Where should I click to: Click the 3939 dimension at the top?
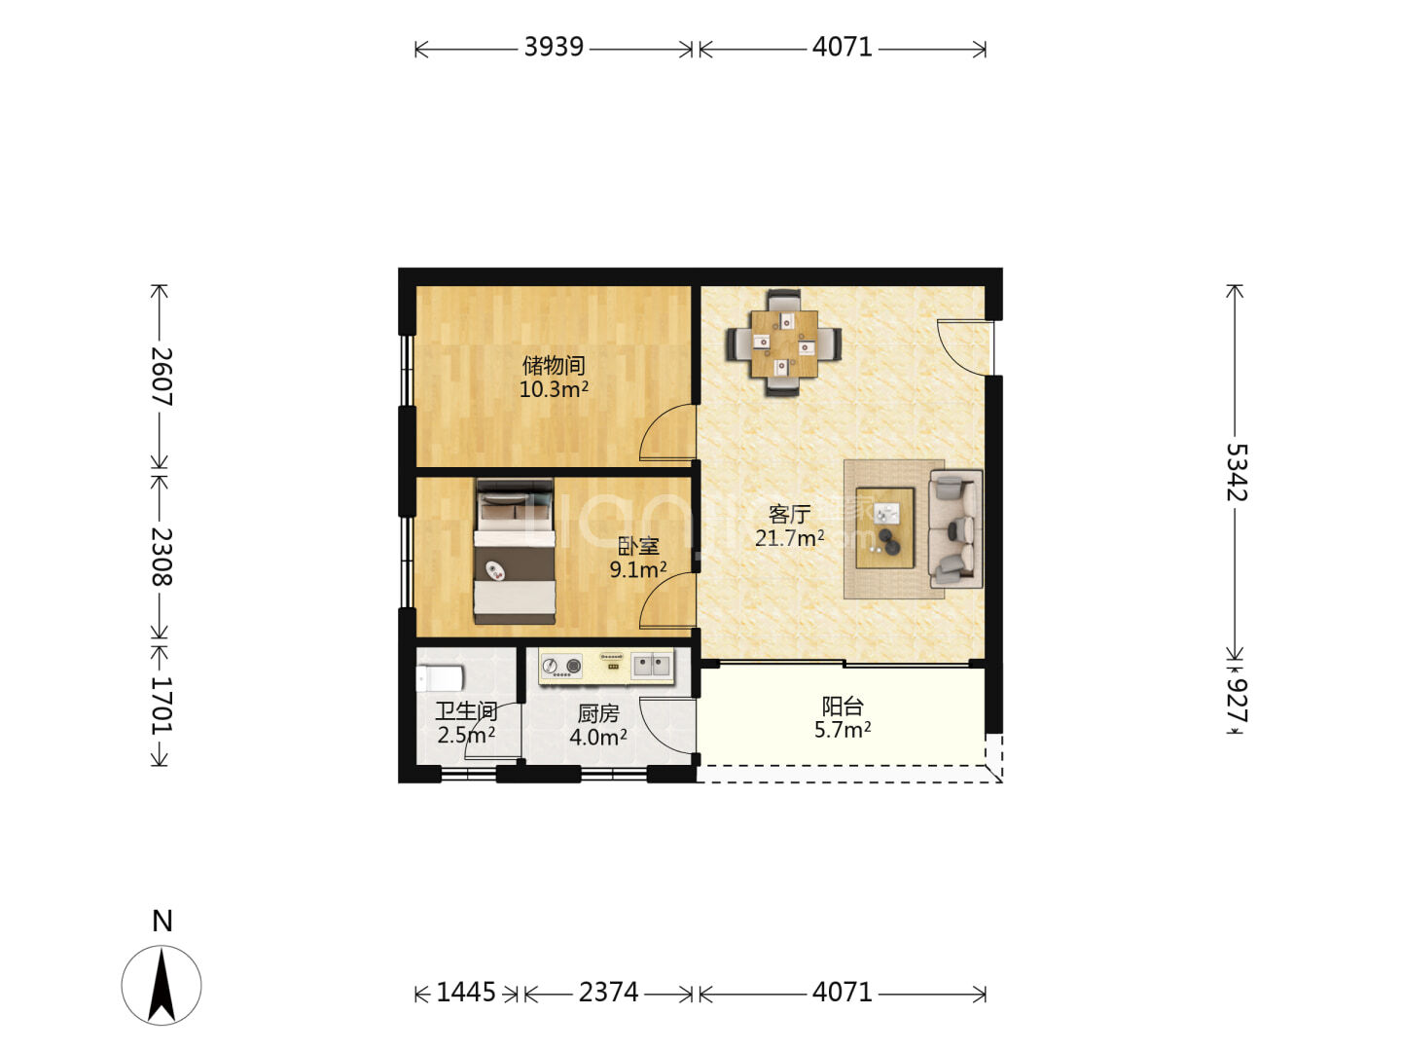(x=554, y=48)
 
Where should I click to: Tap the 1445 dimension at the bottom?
(x=465, y=993)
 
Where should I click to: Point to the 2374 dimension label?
(x=608, y=993)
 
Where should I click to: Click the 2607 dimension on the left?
(x=161, y=377)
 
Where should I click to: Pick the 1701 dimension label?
(x=161, y=706)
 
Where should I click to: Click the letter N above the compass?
(x=162, y=921)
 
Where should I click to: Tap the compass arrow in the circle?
(x=162, y=984)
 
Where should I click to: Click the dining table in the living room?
(x=784, y=344)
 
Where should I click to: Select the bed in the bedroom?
(x=514, y=552)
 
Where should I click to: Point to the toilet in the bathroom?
(x=439, y=677)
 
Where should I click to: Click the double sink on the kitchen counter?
(x=652, y=666)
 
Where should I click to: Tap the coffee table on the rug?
(x=884, y=527)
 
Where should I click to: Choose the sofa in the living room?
(x=955, y=529)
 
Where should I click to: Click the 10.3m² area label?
(x=554, y=388)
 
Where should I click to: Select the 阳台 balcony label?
(x=843, y=706)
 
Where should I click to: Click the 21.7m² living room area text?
(x=790, y=538)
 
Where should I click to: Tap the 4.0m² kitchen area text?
(x=598, y=738)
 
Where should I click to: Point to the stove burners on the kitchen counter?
(x=561, y=667)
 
